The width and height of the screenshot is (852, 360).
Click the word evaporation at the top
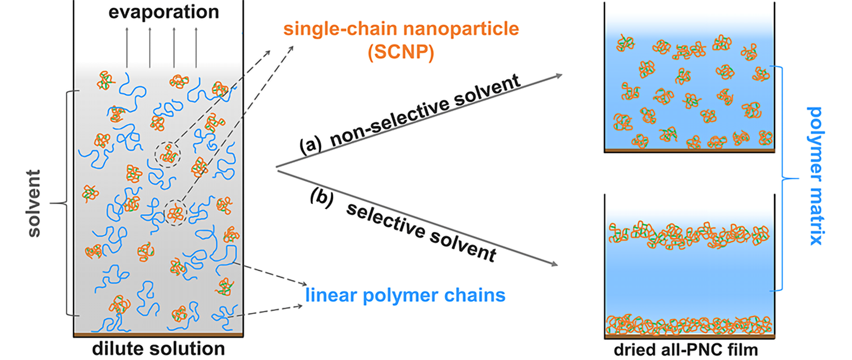tap(164, 12)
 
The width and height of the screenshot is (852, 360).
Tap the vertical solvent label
tap(34, 203)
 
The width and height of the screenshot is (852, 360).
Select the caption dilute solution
tap(158, 349)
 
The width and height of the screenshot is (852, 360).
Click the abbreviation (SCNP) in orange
tap(401, 52)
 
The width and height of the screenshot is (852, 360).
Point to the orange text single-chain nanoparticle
tap(401, 30)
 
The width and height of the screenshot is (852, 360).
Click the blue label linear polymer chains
tap(405, 295)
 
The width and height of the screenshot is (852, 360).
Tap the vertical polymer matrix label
tap(815, 176)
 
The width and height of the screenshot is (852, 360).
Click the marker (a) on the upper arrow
tap(310, 145)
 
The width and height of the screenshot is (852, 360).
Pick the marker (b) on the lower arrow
tap(322, 198)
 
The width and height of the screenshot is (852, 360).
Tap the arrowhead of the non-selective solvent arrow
tap(559, 75)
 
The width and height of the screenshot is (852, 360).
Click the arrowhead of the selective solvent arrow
tap(554, 264)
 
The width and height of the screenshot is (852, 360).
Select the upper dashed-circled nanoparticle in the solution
tap(167, 154)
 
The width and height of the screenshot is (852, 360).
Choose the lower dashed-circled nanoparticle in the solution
tap(176, 213)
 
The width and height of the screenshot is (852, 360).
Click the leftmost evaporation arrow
tap(127, 47)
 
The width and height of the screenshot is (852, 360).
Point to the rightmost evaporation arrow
tap(196, 47)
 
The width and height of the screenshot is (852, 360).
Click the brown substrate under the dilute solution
tap(158, 335)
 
